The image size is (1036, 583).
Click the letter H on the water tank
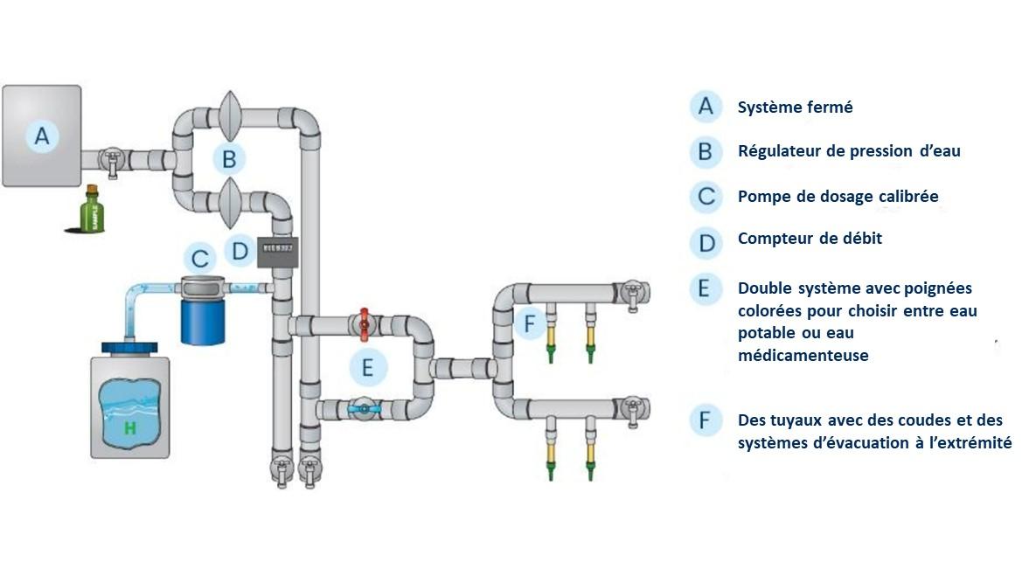(x=130, y=427)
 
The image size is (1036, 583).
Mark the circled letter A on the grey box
(x=41, y=135)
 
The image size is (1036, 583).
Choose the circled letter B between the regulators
(x=229, y=159)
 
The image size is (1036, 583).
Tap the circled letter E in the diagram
(x=367, y=367)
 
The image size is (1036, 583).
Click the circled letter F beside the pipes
(x=529, y=323)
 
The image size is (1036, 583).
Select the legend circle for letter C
(x=705, y=197)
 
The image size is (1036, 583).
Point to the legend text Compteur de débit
(x=810, y=238)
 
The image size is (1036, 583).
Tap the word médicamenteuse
(x=803, y=356)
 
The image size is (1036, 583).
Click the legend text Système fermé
(x=795, y=108)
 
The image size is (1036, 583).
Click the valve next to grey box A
(x=111, y=160)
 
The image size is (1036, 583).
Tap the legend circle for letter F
(x=705, y=420)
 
